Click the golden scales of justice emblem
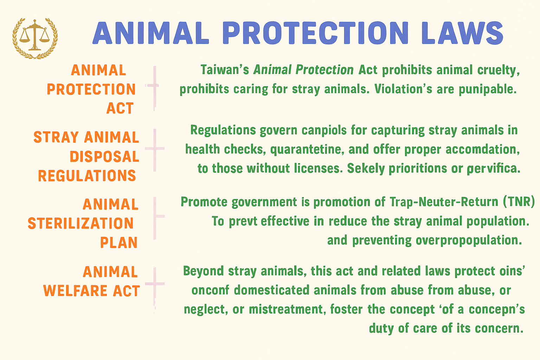[x=35, y=38]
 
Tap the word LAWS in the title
[x=462, y=33]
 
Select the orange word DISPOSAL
[x=104, y=156]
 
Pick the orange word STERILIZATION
[x=81, y=223]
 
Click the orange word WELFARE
[x=75, y=290]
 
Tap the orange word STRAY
[x=56, y=137]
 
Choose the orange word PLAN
[x=118, y=242]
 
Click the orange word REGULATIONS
[x=87, y=175]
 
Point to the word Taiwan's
[x=225, y=70]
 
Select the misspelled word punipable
[x=488, y=89]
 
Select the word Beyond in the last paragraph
[x=204, y=271]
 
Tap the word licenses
[x=318, y=168]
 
